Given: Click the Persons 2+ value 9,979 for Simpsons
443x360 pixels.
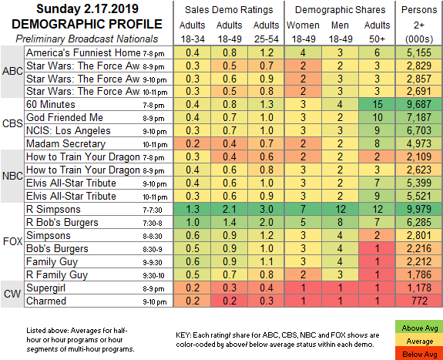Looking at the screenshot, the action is point(419,209).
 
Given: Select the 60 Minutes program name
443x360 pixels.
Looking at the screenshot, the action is point(51,105).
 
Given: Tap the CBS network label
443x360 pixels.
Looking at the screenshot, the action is point(12,123).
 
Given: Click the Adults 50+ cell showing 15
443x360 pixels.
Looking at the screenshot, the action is point(377,104).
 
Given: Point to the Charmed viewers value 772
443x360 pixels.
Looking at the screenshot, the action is point(420,301).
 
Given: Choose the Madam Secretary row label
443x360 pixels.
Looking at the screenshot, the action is point(65,144).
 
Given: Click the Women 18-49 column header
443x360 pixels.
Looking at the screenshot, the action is point(303,32).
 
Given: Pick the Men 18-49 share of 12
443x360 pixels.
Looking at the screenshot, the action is point(341,209).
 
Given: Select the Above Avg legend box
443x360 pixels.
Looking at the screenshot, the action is point(420,328).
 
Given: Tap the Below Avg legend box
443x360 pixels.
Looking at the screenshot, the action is point(420,354).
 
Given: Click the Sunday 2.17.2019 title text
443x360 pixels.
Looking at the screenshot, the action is point(87,9).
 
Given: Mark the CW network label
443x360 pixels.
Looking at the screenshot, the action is point(12,294).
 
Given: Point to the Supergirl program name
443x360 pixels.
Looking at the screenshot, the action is point(45,288).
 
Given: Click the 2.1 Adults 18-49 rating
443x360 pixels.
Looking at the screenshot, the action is point(230,209).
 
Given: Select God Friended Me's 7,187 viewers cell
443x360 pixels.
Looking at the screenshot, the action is point(419,117).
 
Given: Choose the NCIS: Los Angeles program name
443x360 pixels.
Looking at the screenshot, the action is point(69,131).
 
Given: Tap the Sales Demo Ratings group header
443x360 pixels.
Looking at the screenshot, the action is point(229,10).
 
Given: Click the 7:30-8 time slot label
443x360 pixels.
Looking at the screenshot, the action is point(153,224).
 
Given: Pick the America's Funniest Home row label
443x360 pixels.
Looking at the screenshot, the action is point(83,53).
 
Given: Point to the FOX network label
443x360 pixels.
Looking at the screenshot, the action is point(12,242).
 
